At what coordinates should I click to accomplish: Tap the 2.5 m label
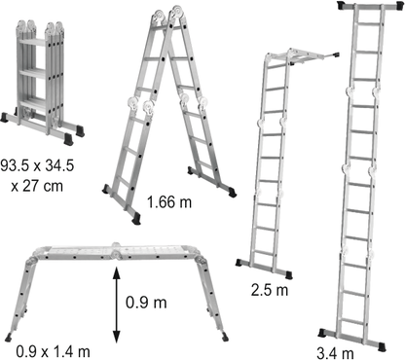[268, 289]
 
